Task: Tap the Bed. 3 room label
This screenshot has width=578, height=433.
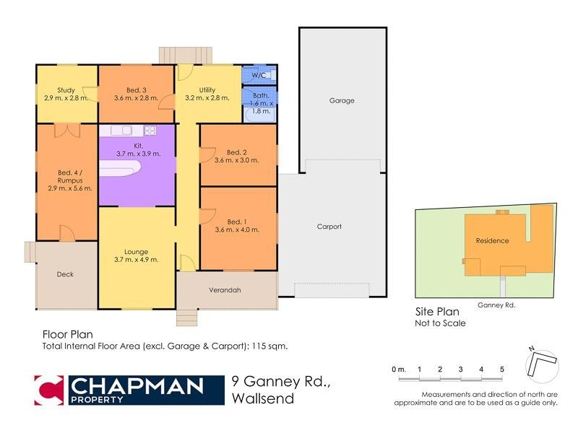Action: click(136, 90)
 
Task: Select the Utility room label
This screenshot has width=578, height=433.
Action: click(207, 90)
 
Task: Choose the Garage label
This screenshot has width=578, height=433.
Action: click(342, 101)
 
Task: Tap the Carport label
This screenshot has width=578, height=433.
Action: click(329, 227)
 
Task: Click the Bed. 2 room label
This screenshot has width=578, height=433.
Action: click(237, 152)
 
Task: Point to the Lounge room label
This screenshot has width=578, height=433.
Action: click(136, 252)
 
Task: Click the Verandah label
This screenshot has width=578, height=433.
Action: click(225, 290)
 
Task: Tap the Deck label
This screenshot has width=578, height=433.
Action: click(65, 274)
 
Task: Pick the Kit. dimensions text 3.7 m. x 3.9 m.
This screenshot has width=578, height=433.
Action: click(138, 154)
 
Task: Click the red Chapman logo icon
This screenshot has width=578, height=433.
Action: click(50, 390)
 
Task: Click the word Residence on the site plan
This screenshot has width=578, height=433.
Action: click(492, 241)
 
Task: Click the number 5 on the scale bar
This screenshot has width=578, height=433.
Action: click(501, 369)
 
